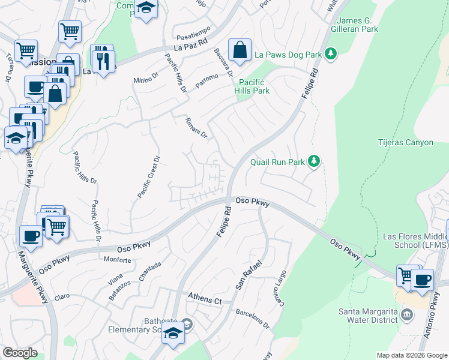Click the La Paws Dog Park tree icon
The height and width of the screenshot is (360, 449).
[x=330, y=55]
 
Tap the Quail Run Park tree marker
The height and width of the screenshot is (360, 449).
[x=313, y=161]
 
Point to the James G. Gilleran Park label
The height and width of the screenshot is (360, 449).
[x=355, y=23]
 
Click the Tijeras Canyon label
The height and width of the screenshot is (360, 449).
[x=406, y=143]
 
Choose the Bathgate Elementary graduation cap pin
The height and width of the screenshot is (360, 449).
[x=173, y=333]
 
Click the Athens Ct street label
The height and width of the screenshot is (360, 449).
[x=205, y=298]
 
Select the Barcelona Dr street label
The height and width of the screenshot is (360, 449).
[x=253, y=317]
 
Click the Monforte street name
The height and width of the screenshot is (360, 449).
[x=118, y=260]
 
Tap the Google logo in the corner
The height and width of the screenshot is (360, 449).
[x=20, y=352]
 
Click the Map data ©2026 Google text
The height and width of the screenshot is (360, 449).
[x=412, y=355]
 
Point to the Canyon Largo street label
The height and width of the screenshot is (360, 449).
[x=280, y=287]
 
